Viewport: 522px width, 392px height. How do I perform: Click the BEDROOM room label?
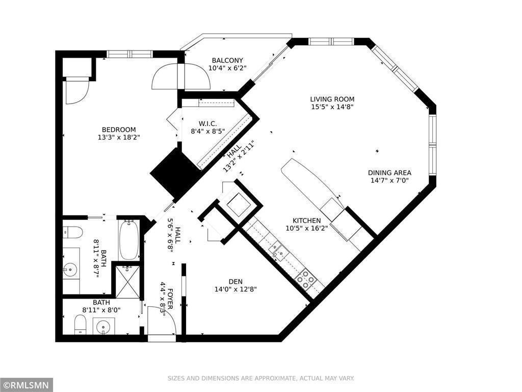pos(119,130)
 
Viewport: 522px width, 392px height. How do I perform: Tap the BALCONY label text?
pos(227,60)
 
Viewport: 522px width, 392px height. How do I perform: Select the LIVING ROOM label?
pos(332,99)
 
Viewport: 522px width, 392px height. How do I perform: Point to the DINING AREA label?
pos(389,173)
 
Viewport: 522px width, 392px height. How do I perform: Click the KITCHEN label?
pos(306,220)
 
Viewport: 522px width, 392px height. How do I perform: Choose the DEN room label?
pos(236,281)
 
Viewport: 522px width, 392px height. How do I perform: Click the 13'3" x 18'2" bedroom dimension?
pos(119,137)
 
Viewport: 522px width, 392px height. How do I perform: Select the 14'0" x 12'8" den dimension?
pos(236,289)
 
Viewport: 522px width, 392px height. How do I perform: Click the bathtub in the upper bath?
pos(129,240)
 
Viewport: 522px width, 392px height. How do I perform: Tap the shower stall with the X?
pos(127,282)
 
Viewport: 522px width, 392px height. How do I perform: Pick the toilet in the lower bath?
pos(80,324)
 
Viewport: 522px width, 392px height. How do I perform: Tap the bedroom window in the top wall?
pos(129,54)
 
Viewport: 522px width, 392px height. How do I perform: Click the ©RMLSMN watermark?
pos(27,385)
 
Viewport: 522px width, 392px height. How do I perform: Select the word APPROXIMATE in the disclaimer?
pos(274,378)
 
